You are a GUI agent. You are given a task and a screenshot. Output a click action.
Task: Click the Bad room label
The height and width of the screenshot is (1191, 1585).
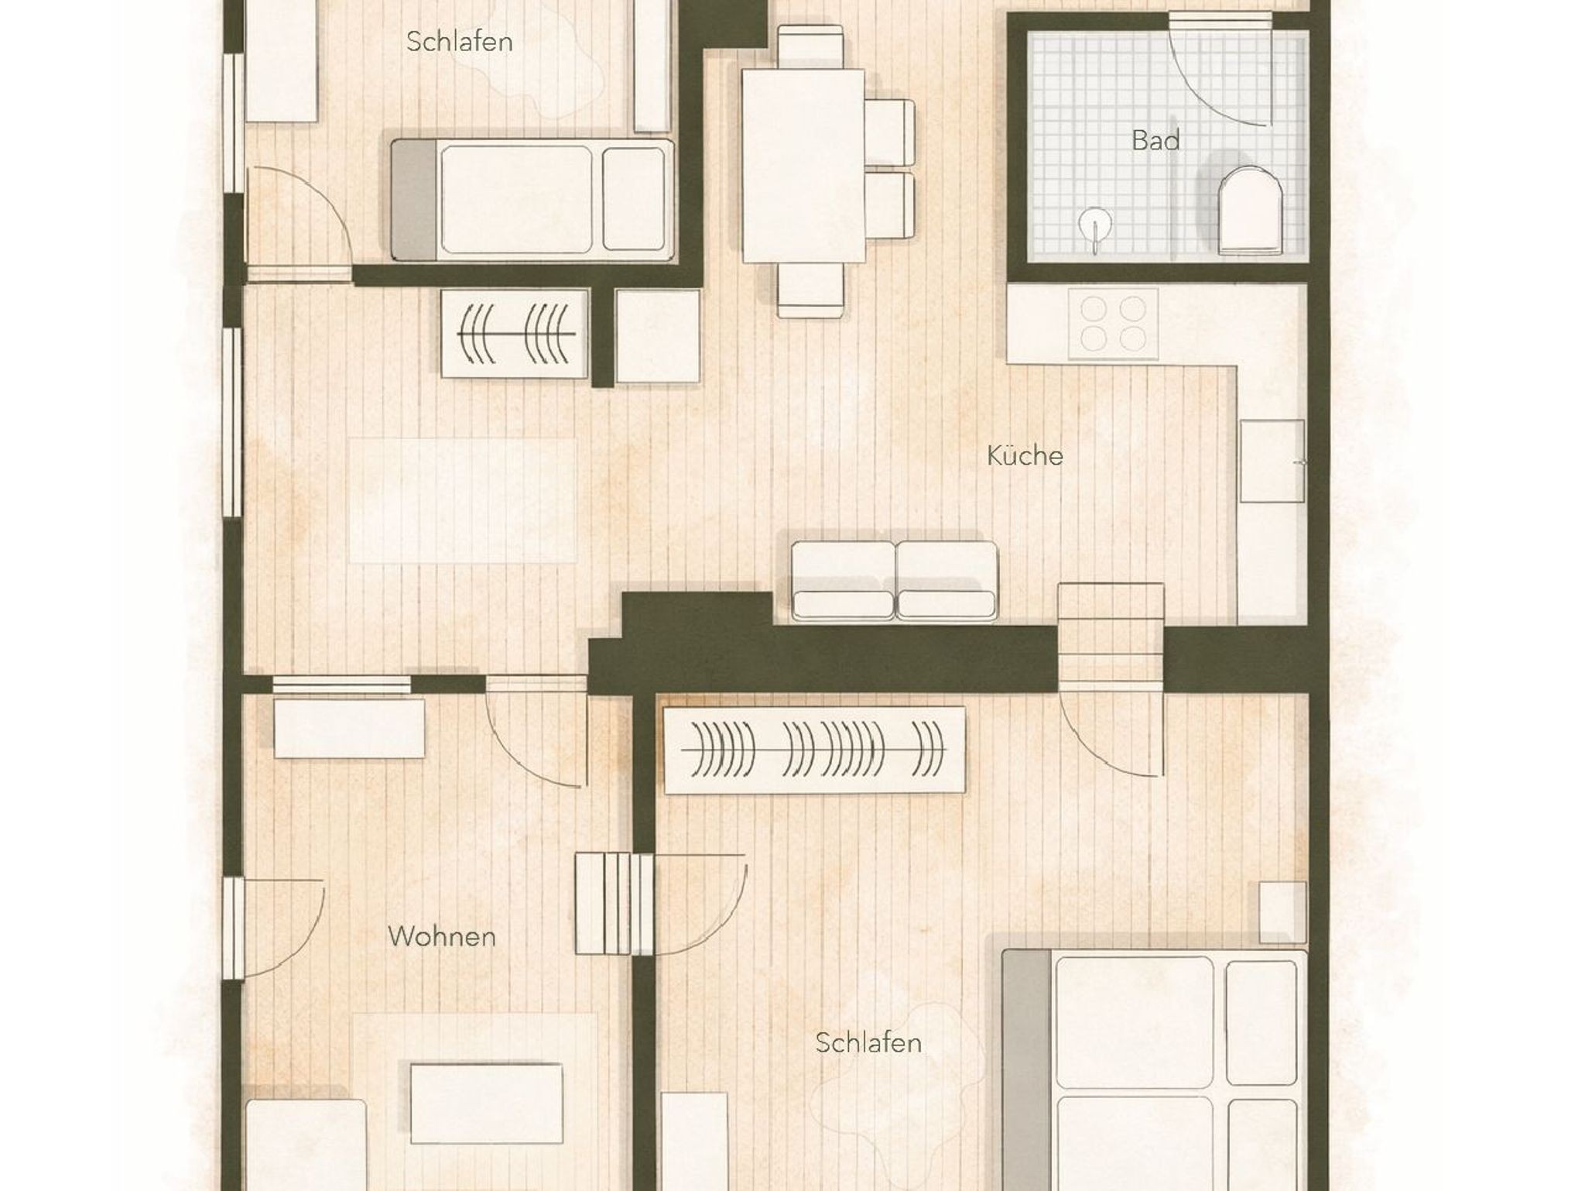1155,140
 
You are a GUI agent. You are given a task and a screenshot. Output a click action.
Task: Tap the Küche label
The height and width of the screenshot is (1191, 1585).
1025,455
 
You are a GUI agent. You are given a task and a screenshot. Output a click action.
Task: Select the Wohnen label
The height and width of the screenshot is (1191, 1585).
442,936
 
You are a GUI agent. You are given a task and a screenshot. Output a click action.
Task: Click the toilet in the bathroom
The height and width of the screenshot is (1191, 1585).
1250,210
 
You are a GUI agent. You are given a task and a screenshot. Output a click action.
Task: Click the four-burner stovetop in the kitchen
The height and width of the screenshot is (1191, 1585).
1114,324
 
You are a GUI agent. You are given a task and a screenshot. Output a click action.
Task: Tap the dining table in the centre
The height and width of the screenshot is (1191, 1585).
803,166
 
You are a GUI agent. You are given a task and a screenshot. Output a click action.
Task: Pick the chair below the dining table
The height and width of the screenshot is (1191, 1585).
810,290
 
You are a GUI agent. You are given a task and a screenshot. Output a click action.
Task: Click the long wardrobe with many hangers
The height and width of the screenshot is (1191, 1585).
815,750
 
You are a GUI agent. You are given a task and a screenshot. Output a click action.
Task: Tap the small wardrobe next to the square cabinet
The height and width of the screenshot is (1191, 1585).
515,334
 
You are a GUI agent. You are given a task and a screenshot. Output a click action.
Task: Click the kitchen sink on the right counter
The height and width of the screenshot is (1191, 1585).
1273,461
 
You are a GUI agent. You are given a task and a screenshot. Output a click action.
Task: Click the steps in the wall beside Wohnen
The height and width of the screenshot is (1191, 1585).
614,904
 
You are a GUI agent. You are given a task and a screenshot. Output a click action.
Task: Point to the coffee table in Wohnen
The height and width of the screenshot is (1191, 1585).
487,1103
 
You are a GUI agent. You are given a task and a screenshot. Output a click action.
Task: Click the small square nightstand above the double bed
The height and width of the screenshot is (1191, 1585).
1283,912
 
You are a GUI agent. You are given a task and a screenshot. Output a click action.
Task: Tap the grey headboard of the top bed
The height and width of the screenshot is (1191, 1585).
415,200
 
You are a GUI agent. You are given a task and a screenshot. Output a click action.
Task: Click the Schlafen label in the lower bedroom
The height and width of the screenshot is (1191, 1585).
868,1042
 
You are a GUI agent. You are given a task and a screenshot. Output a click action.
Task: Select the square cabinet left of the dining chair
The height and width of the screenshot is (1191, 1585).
658,336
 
